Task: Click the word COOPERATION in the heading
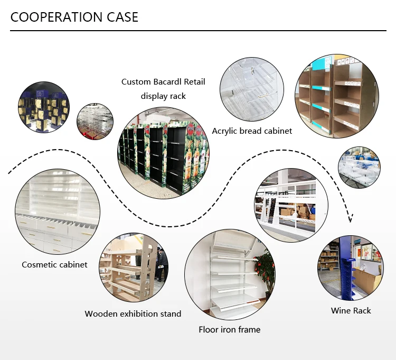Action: (x=57, y=17)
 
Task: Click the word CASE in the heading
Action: (x=122, y=17)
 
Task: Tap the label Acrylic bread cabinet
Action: (x=252, y=131)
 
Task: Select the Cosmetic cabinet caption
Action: (x=54, y=264)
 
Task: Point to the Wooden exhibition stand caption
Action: (x=133, y=313)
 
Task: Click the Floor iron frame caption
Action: (x=229, y=329)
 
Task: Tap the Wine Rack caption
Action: (x=351, y=310)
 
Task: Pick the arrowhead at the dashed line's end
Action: (x=350, y=218)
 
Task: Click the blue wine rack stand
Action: (x=346, y=271)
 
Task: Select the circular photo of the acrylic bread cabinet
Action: (x=252, y=89)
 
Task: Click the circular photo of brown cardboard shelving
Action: (x=337, y=96)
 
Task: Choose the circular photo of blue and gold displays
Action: (x=44, y=107)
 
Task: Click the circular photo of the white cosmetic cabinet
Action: (x=58, y=211)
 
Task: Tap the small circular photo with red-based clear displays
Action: (x=95, y=122)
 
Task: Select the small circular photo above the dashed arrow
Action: (x=359, y=168)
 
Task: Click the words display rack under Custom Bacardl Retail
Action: (x=163, y=96)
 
